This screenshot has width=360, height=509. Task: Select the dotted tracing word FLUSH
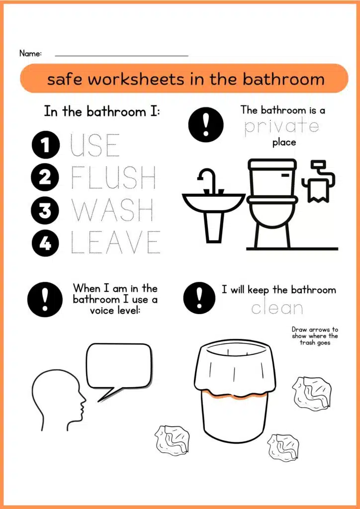(x=113, y=178)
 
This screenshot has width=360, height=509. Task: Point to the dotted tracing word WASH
(x=112, y=210)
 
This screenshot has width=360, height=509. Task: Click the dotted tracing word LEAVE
(x=115, y=242)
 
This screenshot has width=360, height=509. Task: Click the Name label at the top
(x=30, y=54)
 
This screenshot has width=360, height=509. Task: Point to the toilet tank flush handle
(x=285, y=175)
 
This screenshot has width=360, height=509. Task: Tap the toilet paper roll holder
(x=318, y=180)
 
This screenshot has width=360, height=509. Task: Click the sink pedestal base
(x=215, y=227)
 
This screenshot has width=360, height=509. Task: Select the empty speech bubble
(x=119, y=370)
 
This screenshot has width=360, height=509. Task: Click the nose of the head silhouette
(x=84, y=397)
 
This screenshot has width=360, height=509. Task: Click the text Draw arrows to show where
(x=315, y=333)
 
